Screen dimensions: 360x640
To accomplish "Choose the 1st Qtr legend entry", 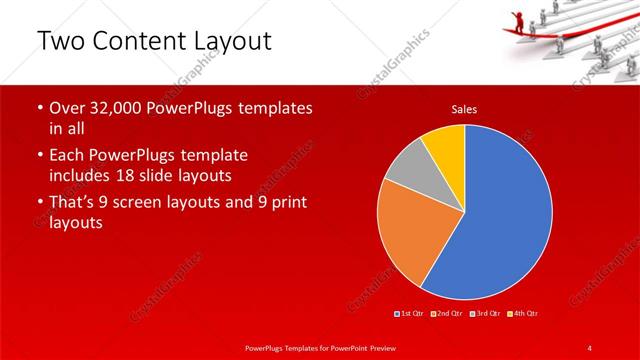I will [x=410, y=315].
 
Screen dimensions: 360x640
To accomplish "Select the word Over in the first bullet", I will [x=68, y=107].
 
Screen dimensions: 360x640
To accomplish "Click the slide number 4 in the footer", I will [x=590, y=347].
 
